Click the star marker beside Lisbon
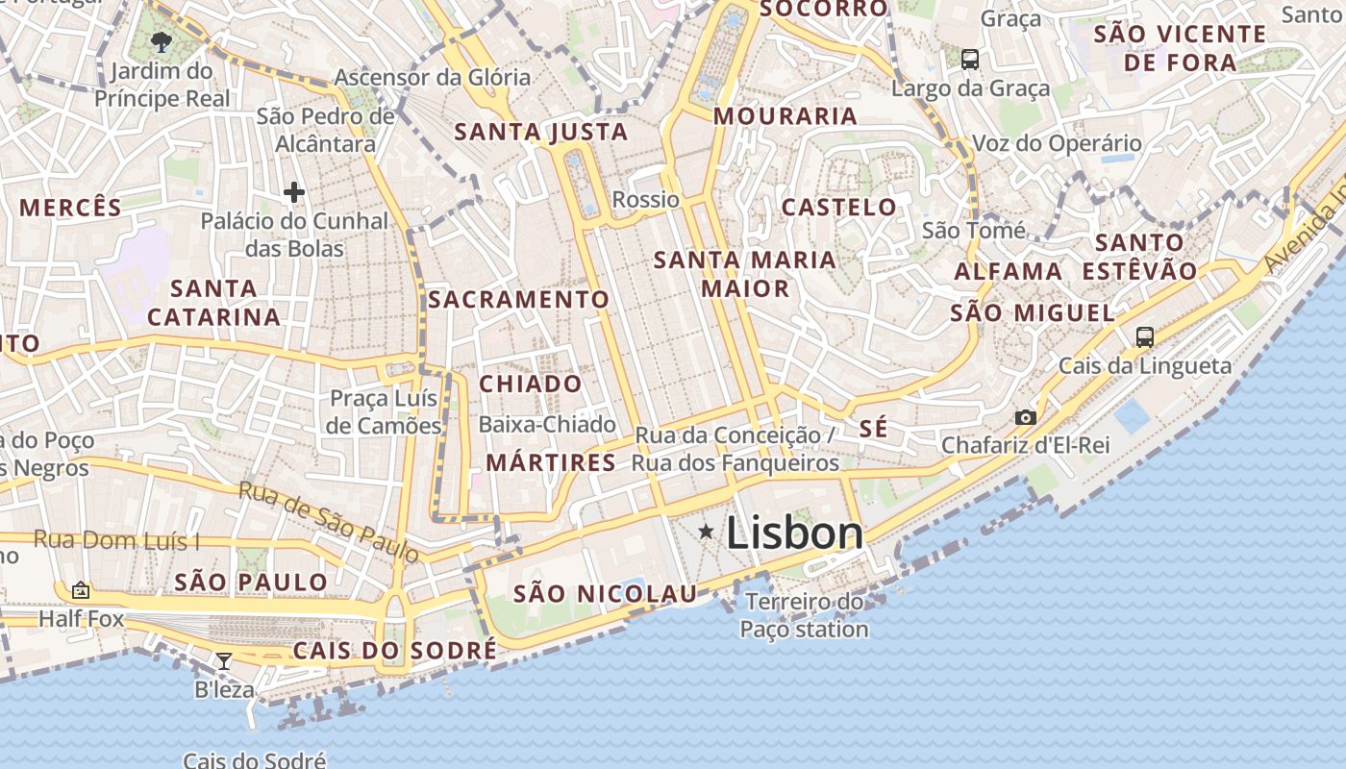[707, 532]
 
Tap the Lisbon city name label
[794, 533]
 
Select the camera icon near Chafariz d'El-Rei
[1026, 417]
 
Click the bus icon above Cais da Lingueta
[1144, 337]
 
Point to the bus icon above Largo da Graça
[970, 60]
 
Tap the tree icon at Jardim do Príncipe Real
[162, 41]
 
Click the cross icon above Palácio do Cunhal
[294, 193]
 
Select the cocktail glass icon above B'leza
[224, 660]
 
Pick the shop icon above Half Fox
[81, 590]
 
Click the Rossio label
[646, 200]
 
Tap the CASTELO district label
[838, 208]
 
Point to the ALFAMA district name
[1009, 272]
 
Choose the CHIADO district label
[531, 384]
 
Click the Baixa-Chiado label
[547, 424]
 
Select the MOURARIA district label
[785, 116]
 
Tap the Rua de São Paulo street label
[329, 522]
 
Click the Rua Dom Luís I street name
[116, 539]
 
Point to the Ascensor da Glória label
[432, 77]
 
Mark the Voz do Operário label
[1058, 144]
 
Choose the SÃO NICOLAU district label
[605, 594]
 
